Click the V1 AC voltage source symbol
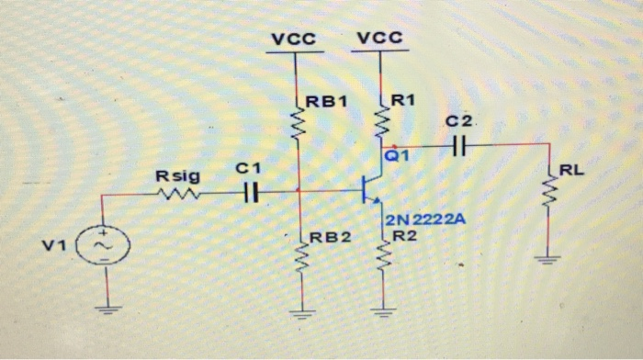[107, 247]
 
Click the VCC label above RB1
[294, 39]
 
